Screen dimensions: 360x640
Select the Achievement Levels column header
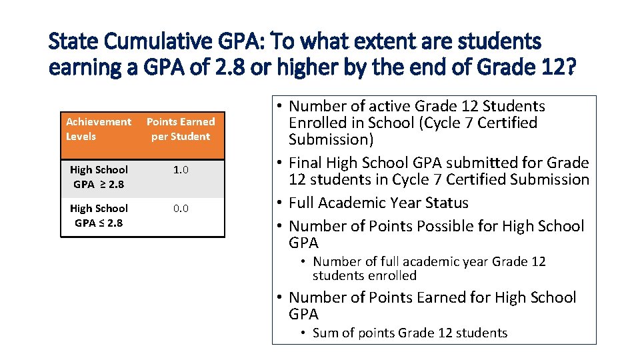coord(99,129)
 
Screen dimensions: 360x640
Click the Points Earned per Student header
coord(181,129)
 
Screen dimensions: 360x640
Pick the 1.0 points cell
coord(181,170)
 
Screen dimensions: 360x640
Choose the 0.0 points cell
coord(181,209)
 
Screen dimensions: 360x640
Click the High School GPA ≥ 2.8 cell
coord(99,177)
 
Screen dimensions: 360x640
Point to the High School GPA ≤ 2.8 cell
coord(99,215)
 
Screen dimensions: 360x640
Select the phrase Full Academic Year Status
coord(379,203)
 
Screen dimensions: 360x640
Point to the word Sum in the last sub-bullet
coord(325,333)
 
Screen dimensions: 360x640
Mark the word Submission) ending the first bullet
coord(331,139)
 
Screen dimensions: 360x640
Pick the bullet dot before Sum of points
coord(303,333)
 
